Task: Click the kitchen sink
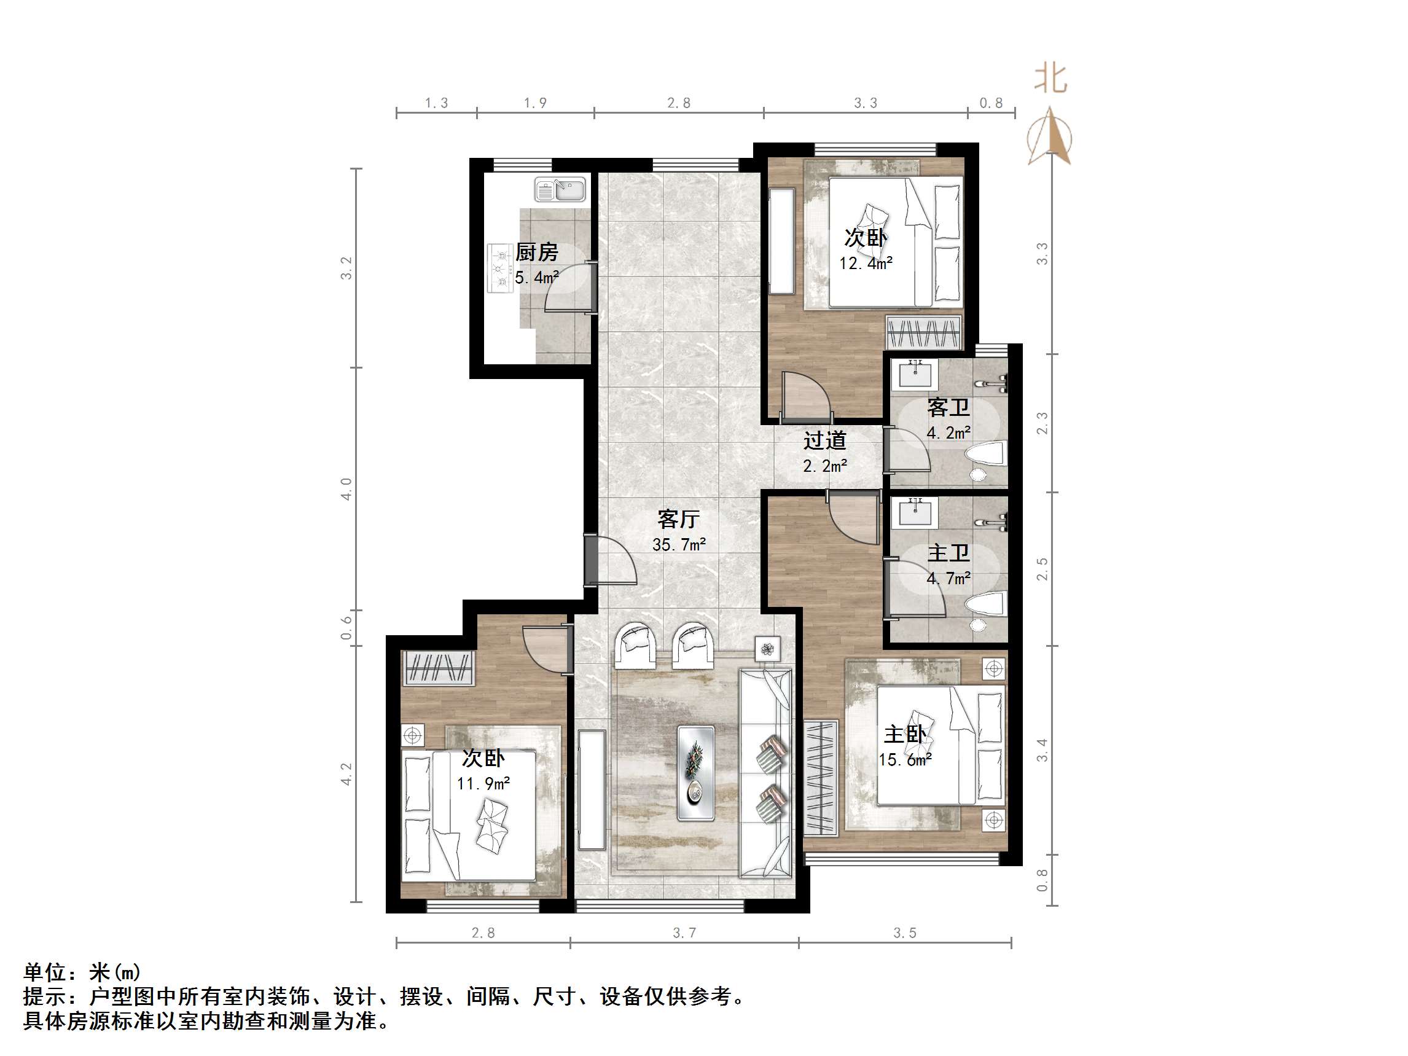coord(560,190)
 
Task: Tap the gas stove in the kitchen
coord(500,268)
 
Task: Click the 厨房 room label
coord(536,252)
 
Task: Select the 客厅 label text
coord(679,520)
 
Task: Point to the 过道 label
coord(824,440)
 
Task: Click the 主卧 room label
coord(904,735)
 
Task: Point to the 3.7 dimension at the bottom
coord(684,933)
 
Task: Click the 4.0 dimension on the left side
coord(346,489)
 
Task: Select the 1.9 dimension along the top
coord(535,103)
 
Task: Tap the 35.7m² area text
coord(679,545)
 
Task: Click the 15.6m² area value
coord(904,760)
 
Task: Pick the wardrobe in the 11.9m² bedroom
coord(438,668)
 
